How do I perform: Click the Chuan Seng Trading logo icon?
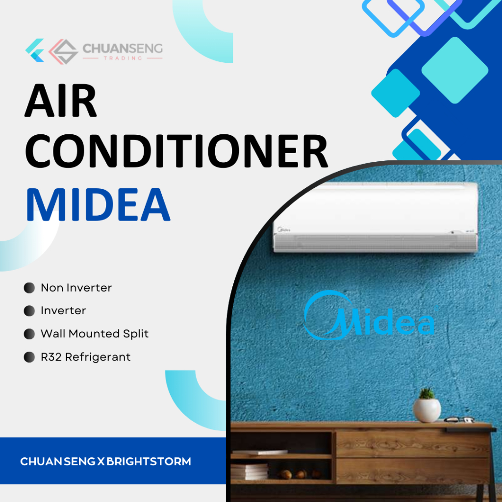click(x=52, y=50)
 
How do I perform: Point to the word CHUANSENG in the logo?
click(x=123, y=49)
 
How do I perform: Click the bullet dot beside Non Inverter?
click(x=29, y=288)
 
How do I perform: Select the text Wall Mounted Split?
click(x=95, y=334)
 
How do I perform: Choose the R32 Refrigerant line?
click(x=86, y=357)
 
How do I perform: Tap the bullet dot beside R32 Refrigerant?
click(x=29, y=357)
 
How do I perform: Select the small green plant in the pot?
click(x=427, y=393)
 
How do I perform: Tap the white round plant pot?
click(x=427, y=410)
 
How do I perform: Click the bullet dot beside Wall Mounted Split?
click(x=29, y=334)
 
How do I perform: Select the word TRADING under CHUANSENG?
click(x=123, y=58)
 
